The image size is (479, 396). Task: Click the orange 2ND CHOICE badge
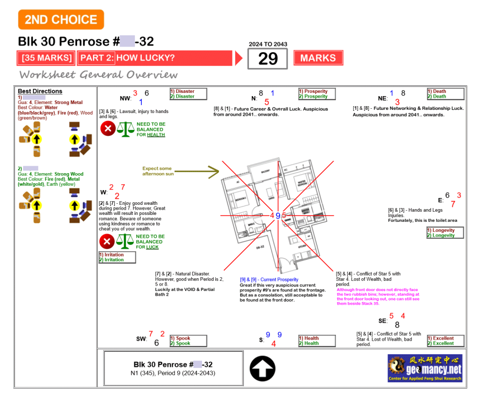61,20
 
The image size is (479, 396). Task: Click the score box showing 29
268,59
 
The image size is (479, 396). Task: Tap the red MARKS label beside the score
318,58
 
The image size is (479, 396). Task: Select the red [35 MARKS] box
47,58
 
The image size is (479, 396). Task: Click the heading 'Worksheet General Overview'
98,74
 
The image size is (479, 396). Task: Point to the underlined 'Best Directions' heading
40,91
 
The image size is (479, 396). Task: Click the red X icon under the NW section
108,128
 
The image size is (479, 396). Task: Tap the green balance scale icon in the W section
125,241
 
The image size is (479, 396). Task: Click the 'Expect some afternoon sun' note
158,171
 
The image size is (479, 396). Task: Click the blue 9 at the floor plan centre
278,215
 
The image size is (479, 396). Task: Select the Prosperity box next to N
316,94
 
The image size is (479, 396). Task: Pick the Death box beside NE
445,94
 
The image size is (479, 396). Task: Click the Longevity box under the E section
445,233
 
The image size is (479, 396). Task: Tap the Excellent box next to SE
445,341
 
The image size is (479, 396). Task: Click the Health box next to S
316,341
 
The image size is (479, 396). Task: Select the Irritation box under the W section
117,257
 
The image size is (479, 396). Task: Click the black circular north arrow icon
262,369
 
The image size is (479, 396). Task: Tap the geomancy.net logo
425,367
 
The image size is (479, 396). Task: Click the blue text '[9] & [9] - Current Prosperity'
269,279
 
